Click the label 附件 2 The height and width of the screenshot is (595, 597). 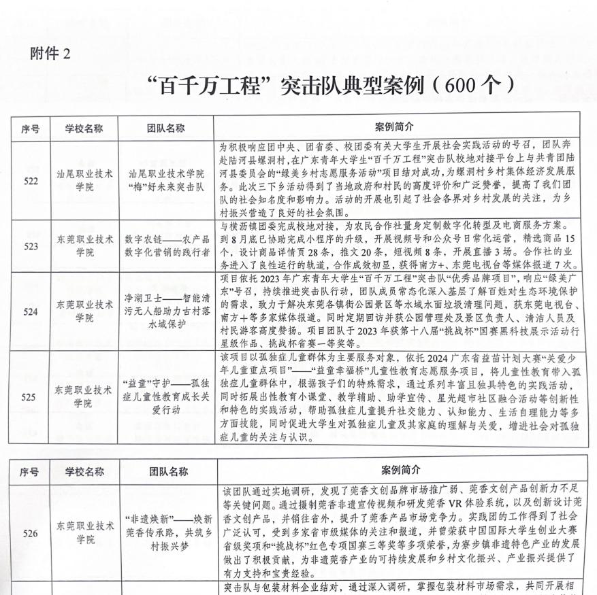(x=50, y=53)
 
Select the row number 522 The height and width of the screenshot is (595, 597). (x=31, y=180)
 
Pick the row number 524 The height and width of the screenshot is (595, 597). (x=31, y=311)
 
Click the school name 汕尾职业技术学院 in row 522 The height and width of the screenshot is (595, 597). (x=84, y=180)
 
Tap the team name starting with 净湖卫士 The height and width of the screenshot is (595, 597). (x=167, y=311)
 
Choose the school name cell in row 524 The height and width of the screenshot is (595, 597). (x=84, y=311)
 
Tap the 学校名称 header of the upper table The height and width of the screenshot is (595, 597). (x=84, y=128)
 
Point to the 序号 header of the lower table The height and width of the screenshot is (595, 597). (x=30, y=471)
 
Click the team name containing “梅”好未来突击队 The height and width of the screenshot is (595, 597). (x=167, y=180)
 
